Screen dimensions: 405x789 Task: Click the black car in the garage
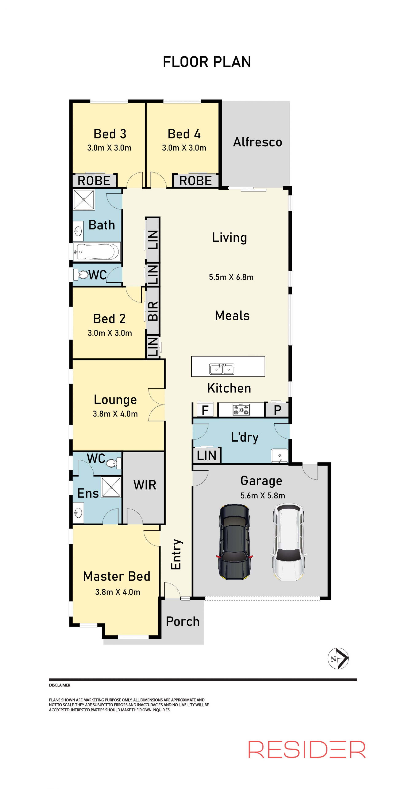pyautogui.click(x=234, y=542)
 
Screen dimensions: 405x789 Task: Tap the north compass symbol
pyautogui.click(x=338, y=658)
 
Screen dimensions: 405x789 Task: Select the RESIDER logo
pyautogui.click(x=307, y=750)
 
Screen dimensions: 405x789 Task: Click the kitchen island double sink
pyautogui.click(x=222, y=369)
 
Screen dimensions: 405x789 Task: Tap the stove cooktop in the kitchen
pyautogui.click(x=241, y=410)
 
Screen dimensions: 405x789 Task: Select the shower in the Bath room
pyautogui.click(x=84, y=200)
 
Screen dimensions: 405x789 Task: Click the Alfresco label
pyautogui.click(x=257, y=142)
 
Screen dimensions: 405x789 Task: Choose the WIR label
pyautogui.click(x=145, y=485)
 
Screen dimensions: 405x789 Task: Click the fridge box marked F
pyautogui.click(x=205, y=410)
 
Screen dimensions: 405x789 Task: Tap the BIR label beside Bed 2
pyautogui.click(x=153, y=311)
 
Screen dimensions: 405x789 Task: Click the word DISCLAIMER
pyautogui.click(x=59, y=685)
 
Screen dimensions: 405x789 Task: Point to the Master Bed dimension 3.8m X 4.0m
pyautogui.click(x=118, y=592)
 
